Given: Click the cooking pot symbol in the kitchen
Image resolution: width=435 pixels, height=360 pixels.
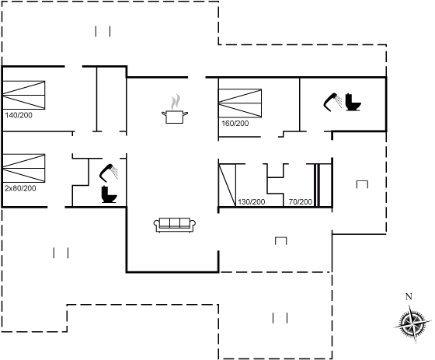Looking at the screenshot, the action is pos(175,117).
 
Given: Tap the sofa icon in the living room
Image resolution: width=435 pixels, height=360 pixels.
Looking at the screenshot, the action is pos(175,225).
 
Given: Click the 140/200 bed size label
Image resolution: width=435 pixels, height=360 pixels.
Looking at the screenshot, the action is pos(19,115).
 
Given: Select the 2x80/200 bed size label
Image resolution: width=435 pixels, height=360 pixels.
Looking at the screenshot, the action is pos(20,188).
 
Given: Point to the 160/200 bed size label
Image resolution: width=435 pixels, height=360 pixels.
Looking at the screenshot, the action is pos(235,124).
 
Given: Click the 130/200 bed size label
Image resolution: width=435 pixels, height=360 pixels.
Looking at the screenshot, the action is pos(252,202).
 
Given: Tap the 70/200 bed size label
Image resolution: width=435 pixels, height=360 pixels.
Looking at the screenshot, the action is pos(300,202).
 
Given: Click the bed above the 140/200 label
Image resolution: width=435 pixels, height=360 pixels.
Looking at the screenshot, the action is pos(23,95).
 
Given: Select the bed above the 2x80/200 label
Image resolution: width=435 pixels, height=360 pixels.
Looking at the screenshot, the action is pos(23,168).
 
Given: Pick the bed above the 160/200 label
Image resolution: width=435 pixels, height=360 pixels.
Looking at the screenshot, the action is pos(240,103).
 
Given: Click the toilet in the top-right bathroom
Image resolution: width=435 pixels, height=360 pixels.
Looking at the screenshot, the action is pos(353,103).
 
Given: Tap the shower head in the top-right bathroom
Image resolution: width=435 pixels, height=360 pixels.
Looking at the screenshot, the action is pos(332,102).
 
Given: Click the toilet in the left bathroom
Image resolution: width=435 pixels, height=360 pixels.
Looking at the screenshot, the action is pos(109,194).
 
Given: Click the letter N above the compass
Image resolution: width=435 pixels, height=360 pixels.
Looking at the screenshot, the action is pos(409,297).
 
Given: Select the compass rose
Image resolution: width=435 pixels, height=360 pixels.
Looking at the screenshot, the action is pos(412,323).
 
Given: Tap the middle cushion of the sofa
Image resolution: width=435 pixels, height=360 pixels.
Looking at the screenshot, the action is pos(175,223).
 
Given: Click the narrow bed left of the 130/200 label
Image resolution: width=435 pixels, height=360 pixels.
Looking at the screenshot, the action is pos(227,185).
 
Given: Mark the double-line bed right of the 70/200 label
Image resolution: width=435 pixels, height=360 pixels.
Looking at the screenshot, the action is pos(317,185).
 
